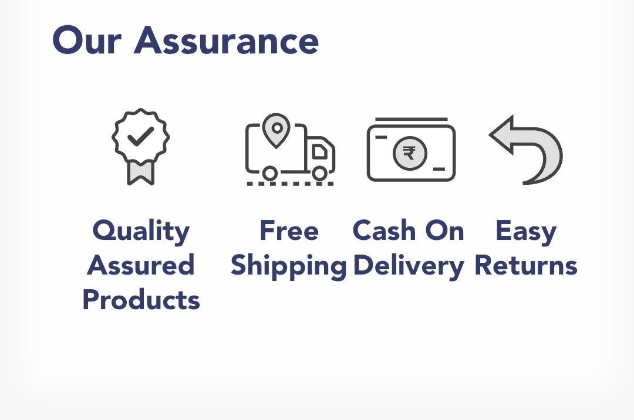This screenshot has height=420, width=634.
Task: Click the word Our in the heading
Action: (87, 40)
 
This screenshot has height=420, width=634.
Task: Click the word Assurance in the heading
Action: (227, 40)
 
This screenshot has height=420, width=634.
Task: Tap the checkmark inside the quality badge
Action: (141, 137)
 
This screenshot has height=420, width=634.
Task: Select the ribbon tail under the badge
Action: (141, 172)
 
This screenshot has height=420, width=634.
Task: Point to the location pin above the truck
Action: (276, 130)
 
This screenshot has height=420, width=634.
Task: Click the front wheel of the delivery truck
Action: (320, 173)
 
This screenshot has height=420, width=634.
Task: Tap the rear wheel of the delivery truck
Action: (270, 173)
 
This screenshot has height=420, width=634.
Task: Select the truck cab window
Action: (319, 151)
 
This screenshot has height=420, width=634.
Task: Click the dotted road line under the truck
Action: (291, 184)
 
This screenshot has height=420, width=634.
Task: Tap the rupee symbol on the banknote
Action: (409, 153)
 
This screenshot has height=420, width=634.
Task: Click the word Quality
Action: (141, 231)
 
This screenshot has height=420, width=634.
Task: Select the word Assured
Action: (141, 265)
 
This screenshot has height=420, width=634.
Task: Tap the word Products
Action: (141, 300)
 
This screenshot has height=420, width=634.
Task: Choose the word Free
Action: (289, 231)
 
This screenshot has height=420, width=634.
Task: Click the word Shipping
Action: (289, 266)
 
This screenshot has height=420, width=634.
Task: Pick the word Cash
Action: (384, 231)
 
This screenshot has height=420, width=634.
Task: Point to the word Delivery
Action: (409, 266)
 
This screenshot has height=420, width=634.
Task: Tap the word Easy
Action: (526, 232)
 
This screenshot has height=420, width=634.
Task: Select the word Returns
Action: (525, 266)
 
